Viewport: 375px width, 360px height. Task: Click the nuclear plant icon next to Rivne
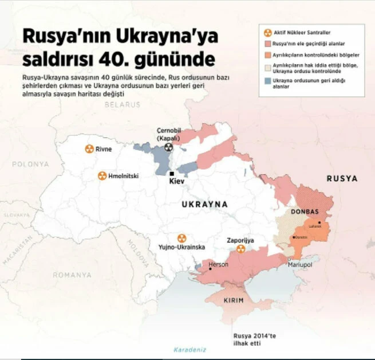89,149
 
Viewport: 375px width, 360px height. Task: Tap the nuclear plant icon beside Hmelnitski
102,176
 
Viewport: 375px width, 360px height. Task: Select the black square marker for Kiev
171,173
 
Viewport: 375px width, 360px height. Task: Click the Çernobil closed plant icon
168,147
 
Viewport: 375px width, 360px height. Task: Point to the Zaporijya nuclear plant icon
240,249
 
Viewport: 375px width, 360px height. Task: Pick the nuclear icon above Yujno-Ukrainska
181,237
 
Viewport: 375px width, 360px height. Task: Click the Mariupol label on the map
300,265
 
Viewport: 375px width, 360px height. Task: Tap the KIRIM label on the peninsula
233,301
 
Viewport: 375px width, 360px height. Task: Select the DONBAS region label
305,212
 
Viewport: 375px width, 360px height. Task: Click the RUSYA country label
342,179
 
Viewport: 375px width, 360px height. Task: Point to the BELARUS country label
122,104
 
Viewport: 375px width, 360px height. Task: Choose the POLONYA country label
30,164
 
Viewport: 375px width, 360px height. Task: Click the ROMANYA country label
72,275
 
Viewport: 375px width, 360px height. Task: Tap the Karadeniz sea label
190,349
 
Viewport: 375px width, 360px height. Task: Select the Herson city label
219,264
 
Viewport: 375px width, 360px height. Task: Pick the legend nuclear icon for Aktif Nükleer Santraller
266,31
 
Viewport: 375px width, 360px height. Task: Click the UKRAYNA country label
204,204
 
